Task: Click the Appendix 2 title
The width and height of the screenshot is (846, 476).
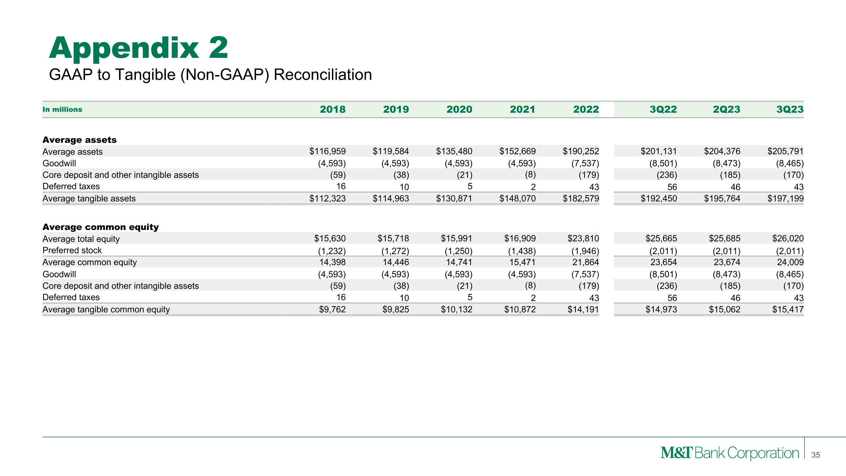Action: click(x=138, y=48)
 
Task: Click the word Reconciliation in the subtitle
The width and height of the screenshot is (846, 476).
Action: click(x=323, y=74)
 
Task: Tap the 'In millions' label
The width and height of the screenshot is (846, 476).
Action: click(x=62, y=109)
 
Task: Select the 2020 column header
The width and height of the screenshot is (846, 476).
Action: click(x=459, y=109)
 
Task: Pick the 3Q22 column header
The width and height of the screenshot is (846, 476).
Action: click(x=663, y=109)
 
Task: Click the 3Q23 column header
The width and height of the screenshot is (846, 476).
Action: click(x=790, y=109)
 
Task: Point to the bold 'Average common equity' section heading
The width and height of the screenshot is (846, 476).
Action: click(x=100, y=227)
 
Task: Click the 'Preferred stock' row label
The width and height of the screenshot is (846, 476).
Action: click(x=72, y=250)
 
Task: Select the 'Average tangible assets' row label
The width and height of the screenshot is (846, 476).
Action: click(x=89, y=198)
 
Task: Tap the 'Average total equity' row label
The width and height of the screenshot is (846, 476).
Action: click(x=81, y=239)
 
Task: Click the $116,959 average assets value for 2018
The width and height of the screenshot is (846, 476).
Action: click(x=327, y=151)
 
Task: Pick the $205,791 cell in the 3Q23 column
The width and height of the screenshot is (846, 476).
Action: click(x=785, y=151)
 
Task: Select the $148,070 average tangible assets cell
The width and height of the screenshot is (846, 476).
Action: click(x=517, y=198)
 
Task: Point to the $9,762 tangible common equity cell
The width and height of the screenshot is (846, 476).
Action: click(x=332, y=310)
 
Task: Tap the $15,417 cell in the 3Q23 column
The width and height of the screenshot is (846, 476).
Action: click(x=788, y=310)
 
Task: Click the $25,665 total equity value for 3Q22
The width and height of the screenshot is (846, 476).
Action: click(x=661, y=238)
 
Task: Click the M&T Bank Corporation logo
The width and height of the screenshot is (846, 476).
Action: click(x=730, y=453)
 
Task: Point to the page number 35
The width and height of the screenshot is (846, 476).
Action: click(x=816, y=455)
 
